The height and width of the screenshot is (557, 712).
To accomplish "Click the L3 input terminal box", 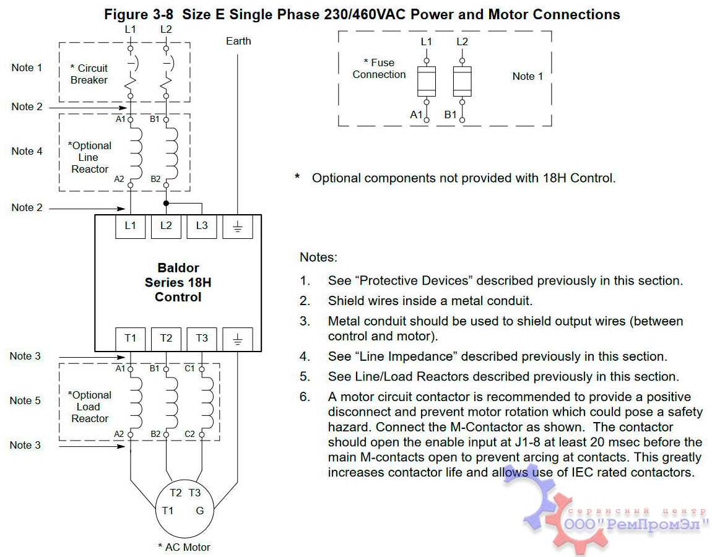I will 202,227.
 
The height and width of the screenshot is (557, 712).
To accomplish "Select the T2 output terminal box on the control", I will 166,339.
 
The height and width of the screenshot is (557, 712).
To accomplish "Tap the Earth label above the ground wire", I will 238,41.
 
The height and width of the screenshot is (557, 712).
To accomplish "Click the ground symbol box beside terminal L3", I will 238,227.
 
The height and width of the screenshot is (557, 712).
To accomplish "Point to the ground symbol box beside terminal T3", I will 238,339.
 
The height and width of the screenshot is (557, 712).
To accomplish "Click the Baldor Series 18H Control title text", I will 178,282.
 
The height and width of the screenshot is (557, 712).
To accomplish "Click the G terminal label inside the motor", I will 200,511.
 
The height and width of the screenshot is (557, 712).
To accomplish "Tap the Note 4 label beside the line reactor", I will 27,151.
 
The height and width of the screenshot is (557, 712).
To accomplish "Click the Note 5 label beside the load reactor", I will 25,400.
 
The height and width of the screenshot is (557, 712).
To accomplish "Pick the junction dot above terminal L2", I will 166,203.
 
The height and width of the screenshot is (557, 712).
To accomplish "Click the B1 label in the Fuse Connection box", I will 451,114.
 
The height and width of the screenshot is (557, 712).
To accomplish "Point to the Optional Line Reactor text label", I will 90,157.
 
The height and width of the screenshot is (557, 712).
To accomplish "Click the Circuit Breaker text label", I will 89,74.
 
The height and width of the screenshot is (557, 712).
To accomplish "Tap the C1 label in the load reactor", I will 190,368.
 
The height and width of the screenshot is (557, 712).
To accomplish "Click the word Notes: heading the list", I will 319,257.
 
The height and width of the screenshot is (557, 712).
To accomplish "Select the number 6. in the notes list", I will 305,397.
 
